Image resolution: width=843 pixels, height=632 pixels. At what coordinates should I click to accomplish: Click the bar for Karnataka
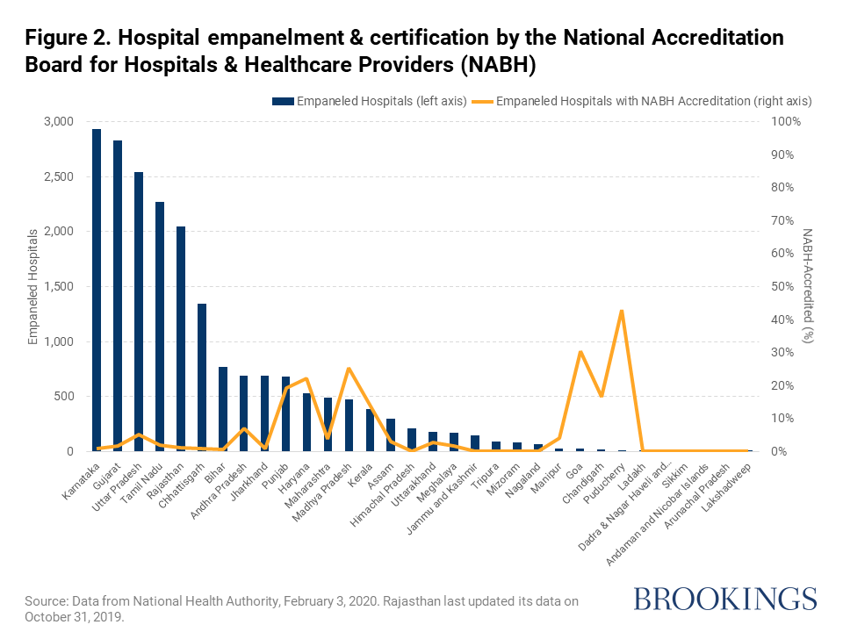click(97, 290)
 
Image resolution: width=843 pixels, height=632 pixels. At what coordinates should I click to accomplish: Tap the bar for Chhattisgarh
click(202, 377)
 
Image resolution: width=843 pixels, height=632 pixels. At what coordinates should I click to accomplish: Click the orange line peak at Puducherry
click(622, 311)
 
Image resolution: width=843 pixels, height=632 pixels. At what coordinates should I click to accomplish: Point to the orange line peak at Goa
click(580, 352)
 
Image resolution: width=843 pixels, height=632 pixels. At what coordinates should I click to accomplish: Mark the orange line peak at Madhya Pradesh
click(349, 369)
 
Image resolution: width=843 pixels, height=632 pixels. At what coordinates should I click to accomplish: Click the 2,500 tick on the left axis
click(60, 176)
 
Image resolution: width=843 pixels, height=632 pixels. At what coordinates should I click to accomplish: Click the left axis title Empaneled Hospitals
click(34, 286)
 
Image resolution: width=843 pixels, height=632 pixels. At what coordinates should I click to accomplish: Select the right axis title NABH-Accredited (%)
click(809, 286)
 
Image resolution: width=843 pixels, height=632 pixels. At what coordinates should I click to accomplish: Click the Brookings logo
click(724, 600)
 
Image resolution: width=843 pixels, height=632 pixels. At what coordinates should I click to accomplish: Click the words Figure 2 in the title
click(66, 39)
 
